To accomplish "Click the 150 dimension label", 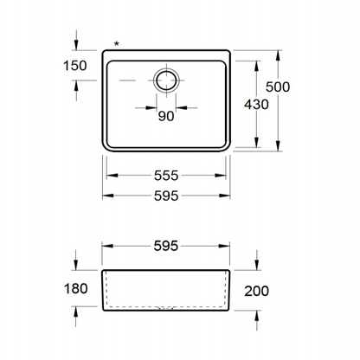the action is pos(75,66).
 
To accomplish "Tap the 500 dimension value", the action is pos(278,87).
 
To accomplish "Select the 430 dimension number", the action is pos(256,105).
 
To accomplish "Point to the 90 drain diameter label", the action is pos(166,116).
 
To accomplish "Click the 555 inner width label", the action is pos(166,176).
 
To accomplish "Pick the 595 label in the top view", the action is pos(166,196).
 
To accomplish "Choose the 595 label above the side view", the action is pos(166,246).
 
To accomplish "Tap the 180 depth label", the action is pos(75,289).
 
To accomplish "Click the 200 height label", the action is pos(256,291).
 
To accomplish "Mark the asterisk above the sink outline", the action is pos(116,44).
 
